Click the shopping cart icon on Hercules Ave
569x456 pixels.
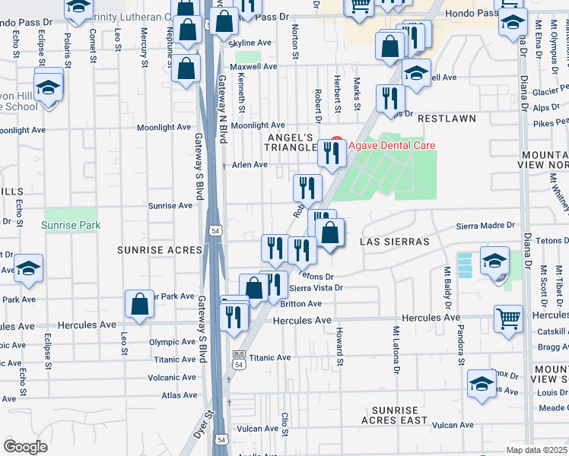click(x=508, y=318)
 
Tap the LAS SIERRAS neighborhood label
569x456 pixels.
click(x=395, y=241)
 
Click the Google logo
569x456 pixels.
click(x=25, y=446)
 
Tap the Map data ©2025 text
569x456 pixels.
click(x=537, y=450)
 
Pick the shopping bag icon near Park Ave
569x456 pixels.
click(x=141, y=304)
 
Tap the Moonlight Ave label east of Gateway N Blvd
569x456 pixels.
click(x=258, y=125)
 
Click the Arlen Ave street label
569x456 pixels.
click(x=250, y=165)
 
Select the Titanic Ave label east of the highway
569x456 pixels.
click(x=270, y=357)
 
